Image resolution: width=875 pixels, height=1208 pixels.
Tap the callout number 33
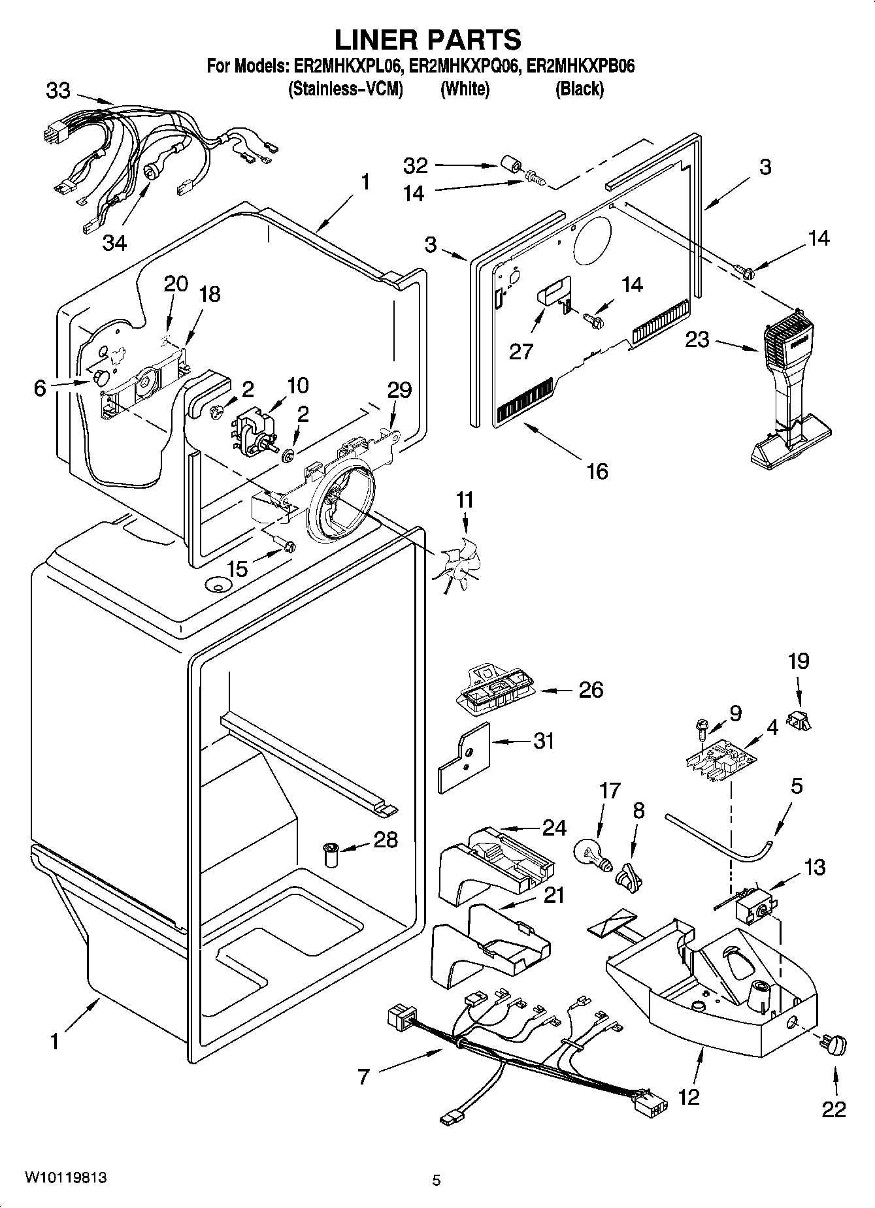[x=58, y=90]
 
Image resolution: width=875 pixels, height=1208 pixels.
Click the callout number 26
[x=591, y=689]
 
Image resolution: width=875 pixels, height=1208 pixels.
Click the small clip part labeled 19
[x=799, y=721]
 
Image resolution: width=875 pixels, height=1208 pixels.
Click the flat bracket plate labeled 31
[x=462, y=756]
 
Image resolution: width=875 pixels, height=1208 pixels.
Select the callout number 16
[x=597, y=470]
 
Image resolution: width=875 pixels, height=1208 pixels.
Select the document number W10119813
[x=65, y=1177]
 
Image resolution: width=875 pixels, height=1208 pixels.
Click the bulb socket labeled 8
[x=629, y=876]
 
